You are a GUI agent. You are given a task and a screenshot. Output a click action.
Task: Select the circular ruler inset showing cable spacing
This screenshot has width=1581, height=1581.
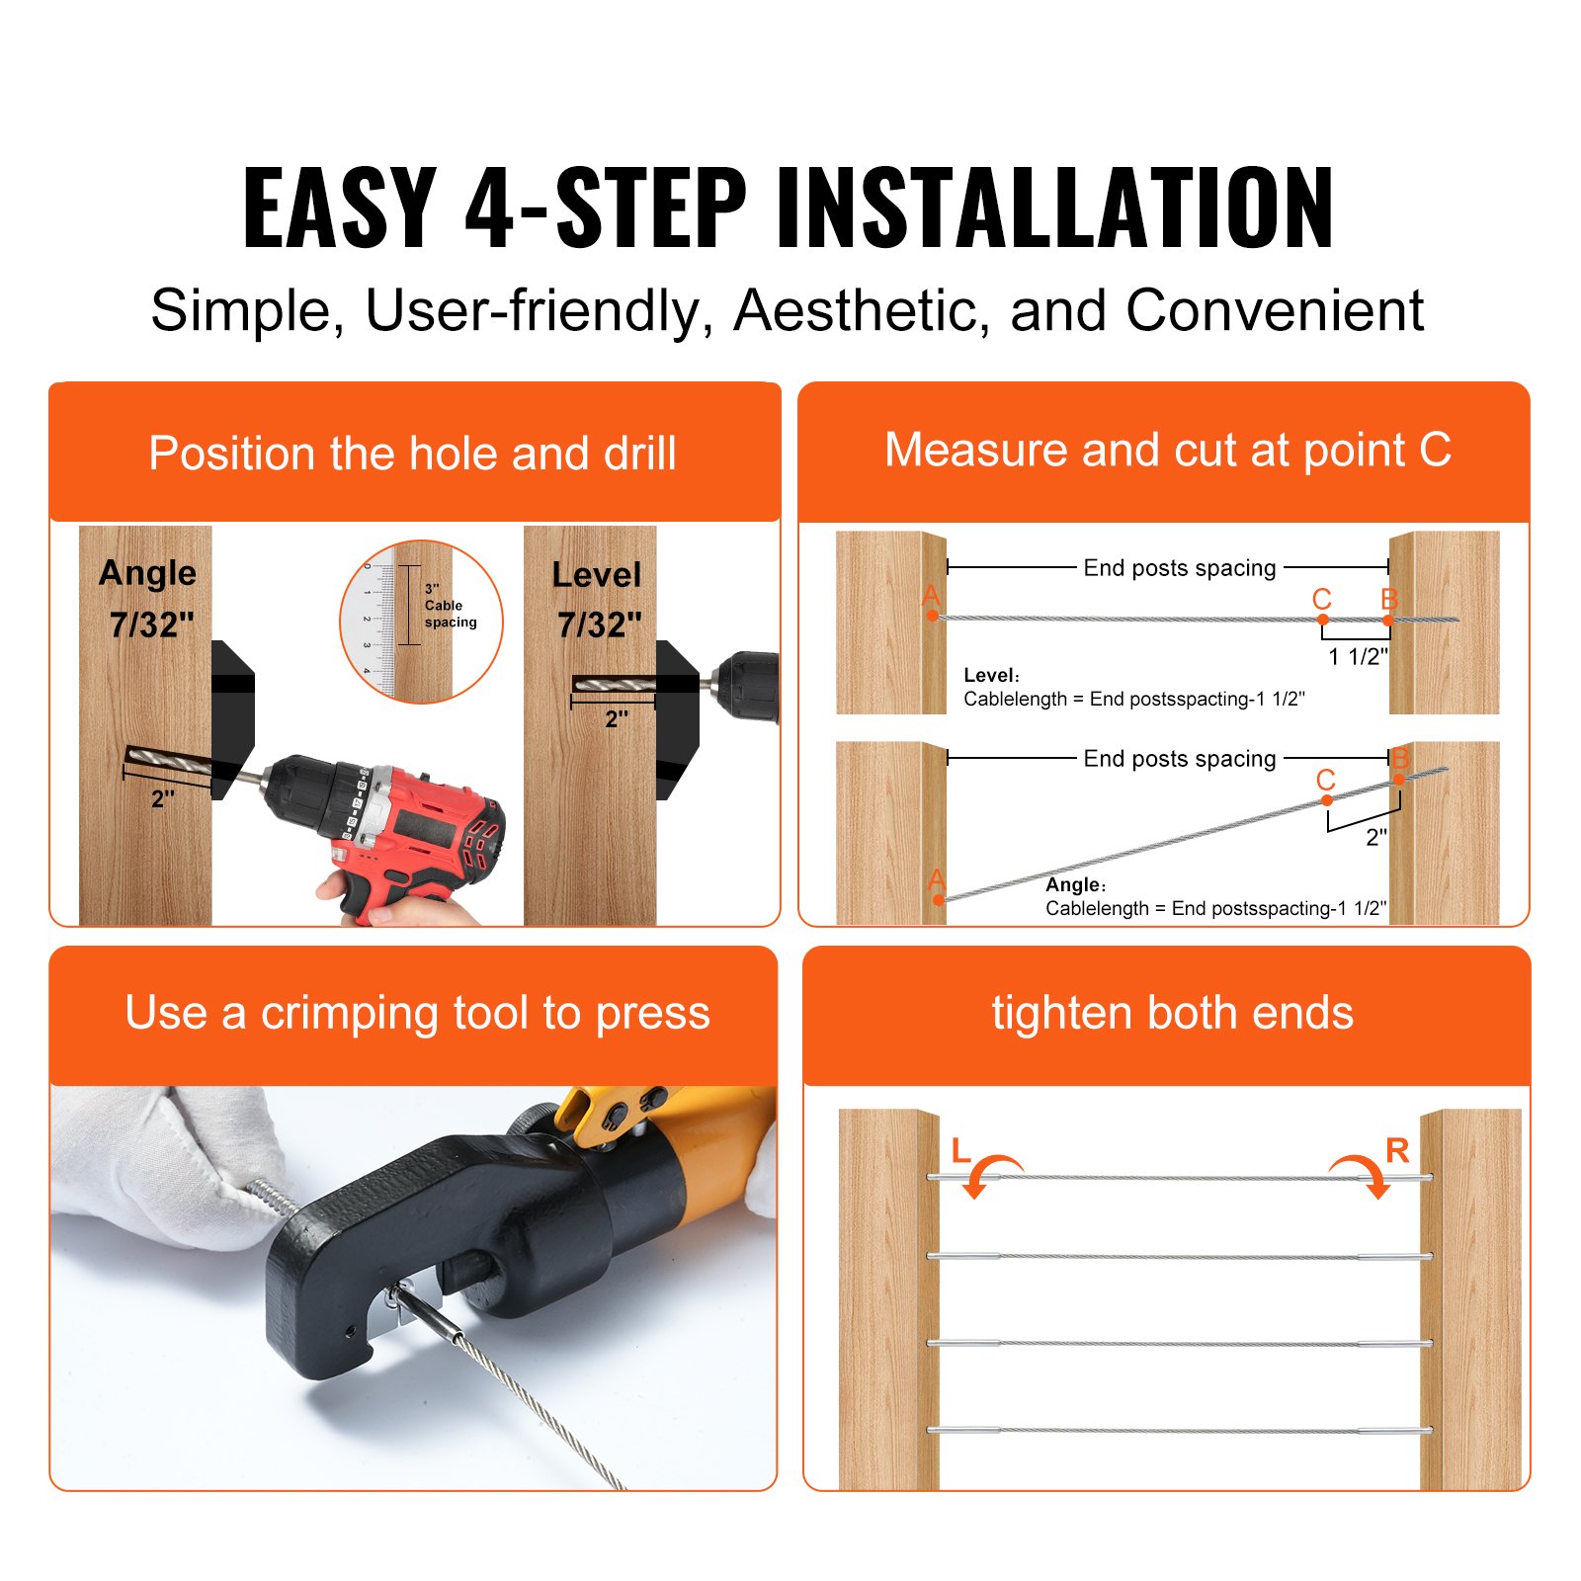[x=421, y=622]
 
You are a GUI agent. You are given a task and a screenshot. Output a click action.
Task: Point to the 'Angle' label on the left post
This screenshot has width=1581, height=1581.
[x=147, y=573]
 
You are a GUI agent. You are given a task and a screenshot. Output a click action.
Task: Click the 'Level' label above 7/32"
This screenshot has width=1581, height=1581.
[x=596, y=575]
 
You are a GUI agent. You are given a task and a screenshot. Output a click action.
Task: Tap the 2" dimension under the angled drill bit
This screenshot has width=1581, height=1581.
[x=163, y=799]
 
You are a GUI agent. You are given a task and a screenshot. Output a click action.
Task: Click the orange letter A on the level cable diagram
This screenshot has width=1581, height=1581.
[x=931, y=596]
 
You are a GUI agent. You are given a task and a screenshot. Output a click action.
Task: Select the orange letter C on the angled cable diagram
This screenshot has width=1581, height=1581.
[x=1325, y=781]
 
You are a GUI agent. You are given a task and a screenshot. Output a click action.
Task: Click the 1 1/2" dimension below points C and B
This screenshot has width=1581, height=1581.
[x=1358, y=656]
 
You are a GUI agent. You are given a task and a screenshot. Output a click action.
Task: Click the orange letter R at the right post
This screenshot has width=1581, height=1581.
[x=1397, y=1150]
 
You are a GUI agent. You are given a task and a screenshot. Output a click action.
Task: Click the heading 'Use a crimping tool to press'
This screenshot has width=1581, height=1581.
[x=417, y=1014]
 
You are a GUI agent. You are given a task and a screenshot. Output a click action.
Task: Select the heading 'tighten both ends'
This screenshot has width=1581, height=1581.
[x=1172, y=1014]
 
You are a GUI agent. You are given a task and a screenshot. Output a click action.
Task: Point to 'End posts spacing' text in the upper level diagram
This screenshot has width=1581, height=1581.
[x=1180, y=568]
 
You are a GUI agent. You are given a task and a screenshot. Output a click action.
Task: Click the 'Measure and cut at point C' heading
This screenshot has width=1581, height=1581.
[x=1167, y=451]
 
